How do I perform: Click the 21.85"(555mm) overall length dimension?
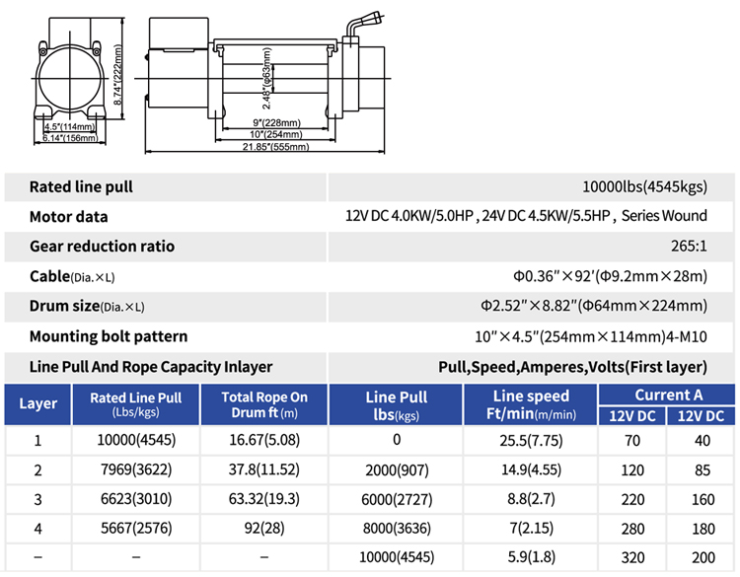pos(275,147)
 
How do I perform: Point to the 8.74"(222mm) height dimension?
pos(118,75)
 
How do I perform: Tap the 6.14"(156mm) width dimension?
pos(70,138)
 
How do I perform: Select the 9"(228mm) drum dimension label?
pos(276,122)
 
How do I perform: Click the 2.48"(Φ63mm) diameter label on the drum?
pos(266,78)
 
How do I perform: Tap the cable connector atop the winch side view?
pos(363,25)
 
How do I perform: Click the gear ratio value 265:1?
pos(689,246)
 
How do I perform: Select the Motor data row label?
pos(68,217)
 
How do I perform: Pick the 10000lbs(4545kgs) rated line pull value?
pos(644,186)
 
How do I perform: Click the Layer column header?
pos(37,403)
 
